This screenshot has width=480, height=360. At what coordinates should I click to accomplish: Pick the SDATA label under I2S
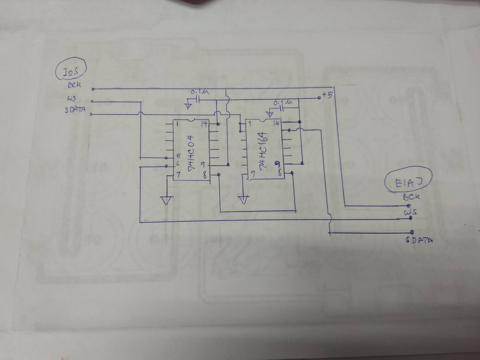pos(76,111)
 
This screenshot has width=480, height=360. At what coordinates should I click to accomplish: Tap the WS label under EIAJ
pos(409,212)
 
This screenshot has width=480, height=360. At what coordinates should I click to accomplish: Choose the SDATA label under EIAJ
pos(418,240)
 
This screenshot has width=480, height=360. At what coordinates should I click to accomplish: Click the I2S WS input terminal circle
pos(92,102)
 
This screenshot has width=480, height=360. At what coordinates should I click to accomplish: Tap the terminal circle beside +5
pos(319,97)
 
